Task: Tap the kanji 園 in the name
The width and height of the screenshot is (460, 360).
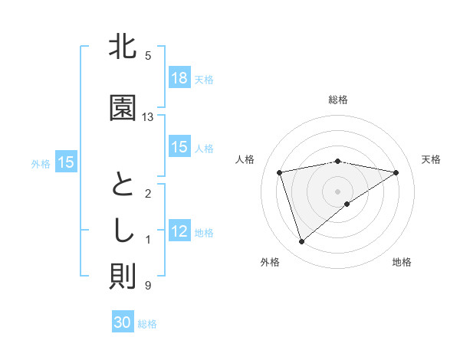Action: pyautogui.click(x=123, y=109)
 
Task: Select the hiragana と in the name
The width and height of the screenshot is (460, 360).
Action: pyautogui.click(x=123, y=187)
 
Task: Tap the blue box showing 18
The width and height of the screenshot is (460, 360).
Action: pyautogui.click(x=179, y=79)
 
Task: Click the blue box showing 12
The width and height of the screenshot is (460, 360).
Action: pyautogui.click(x=179, y=232)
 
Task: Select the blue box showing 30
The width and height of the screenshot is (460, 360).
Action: pyautogui.click(x=123, y=322)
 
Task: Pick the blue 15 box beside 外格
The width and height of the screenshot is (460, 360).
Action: pyautogui.click(x=65, y=162)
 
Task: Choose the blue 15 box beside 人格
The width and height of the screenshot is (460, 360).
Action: pyautogui.click(x=179, y=148)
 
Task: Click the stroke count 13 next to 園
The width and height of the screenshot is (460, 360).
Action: pyautogui.click(x=148, y=117)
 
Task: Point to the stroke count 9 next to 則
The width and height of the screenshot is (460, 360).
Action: pyautogui.click(x=147, y=286)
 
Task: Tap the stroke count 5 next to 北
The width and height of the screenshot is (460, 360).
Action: pyautogui.click(x=147, y=56)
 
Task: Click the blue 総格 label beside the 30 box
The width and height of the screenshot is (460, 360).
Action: pyautogui.click(x=147, y=324)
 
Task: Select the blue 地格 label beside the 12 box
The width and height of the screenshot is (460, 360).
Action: pyautogui.click(x=204, y=233)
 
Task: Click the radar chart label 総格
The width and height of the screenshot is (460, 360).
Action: pyautogui.click(x=338, y=100)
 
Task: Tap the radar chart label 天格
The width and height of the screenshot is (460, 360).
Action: pyautogui.click(x=432, y=159)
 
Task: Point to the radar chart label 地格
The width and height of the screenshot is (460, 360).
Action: pyautogui.click(x=402, y=263)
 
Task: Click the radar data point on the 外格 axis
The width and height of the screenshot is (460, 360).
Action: pyautogui.click(x=301, y=242)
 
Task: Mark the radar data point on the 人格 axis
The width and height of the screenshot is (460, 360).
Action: pyautogui.click(x=280, y=172)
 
